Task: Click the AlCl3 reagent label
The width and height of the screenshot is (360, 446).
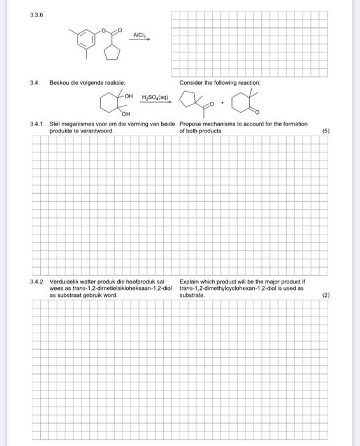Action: (x=140, y=34)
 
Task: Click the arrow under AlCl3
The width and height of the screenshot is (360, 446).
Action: (x=141, y=40)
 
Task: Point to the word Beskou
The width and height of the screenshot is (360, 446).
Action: (x=58, y=83)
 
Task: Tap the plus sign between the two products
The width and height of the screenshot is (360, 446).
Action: (x=220, y=102)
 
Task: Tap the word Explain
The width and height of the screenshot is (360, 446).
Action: (x=190, y=281)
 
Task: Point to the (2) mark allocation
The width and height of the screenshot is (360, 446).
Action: (x=326, y=296)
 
